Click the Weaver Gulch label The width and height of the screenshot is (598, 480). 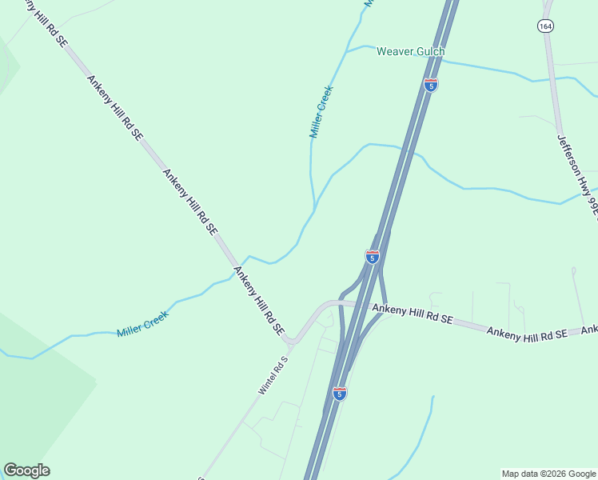tap(410, 52)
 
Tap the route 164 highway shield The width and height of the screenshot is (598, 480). tap(546, 26)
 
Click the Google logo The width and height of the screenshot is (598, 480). tap(26, 470)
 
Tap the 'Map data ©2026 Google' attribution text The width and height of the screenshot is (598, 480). tap(548, 474)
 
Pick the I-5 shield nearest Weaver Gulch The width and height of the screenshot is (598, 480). tap(430, 86)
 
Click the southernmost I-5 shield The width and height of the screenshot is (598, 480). tap(340, 393)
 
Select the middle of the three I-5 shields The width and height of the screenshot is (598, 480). tap(372, 257)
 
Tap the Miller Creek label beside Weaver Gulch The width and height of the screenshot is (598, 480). tap(321, 112)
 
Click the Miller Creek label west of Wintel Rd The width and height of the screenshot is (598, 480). tap(142, 322)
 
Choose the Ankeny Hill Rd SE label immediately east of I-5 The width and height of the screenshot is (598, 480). tap(413, 314)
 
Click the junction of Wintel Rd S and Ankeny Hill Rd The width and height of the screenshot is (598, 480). tap(292, 342)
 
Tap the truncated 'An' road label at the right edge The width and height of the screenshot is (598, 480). tap(590, 330)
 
